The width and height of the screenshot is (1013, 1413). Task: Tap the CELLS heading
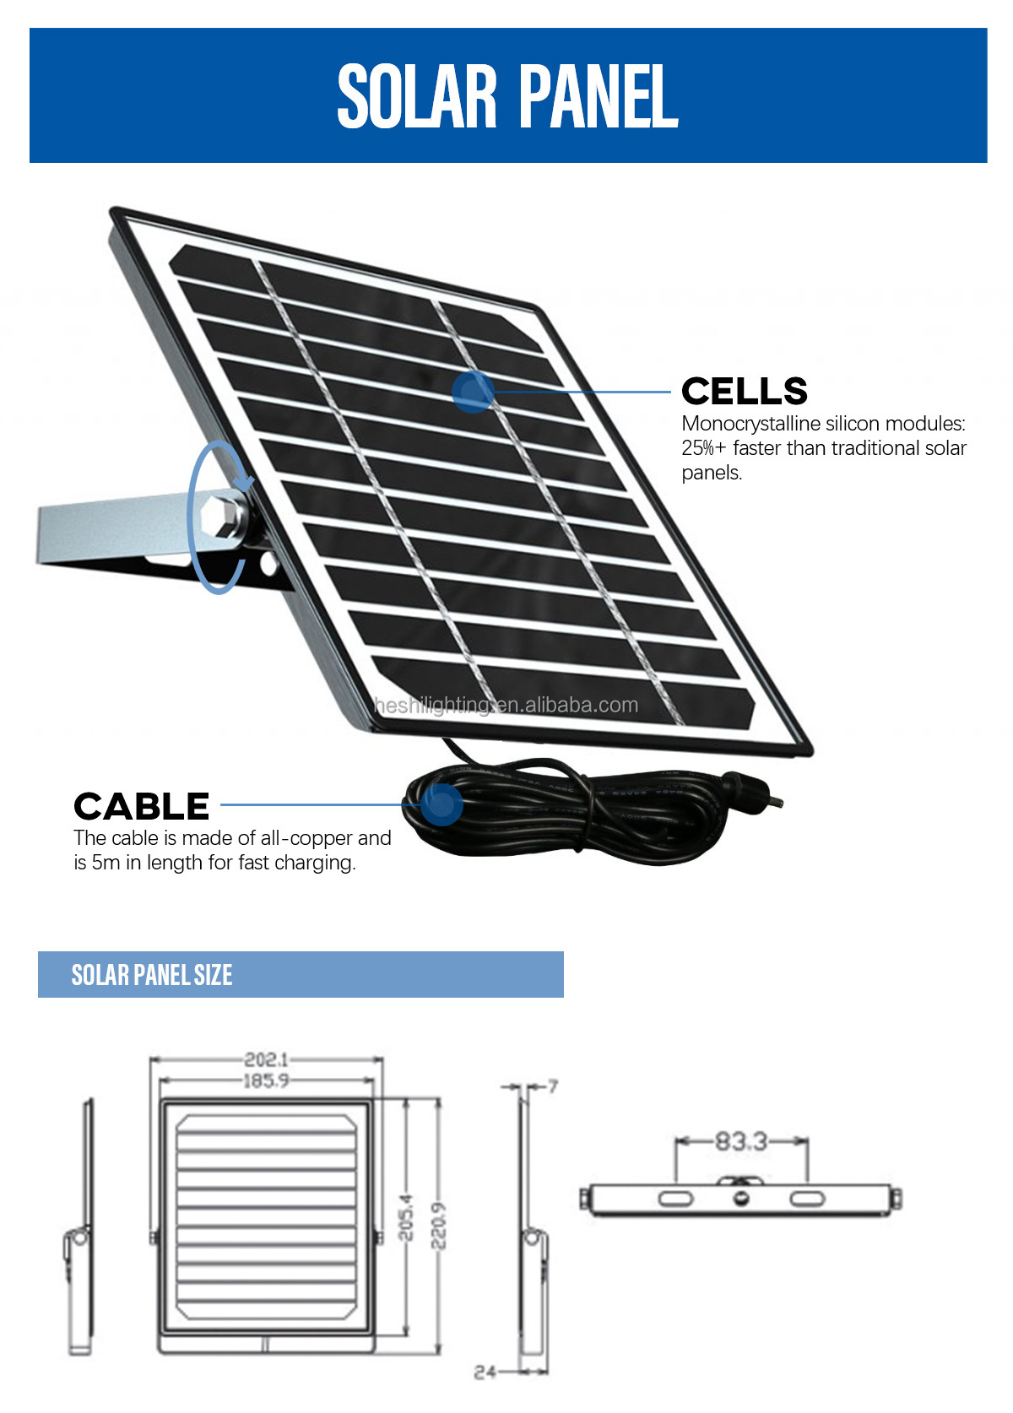(744, 391)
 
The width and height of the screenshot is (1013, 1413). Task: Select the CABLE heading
(141, 806)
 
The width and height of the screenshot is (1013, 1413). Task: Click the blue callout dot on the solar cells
(473, 392)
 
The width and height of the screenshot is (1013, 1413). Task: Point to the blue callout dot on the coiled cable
(441, 803)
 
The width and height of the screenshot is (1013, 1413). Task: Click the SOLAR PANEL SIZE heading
(152, 975)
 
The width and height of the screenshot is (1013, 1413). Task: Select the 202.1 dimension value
(266, 1059)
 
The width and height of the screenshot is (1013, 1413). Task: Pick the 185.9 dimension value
(266, 1080)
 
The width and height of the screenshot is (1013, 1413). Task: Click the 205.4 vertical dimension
(406, 1217)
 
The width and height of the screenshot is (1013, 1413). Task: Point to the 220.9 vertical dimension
(439, 1226)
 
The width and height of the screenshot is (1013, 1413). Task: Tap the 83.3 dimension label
(741, 1141)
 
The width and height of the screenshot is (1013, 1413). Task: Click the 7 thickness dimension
(553, 1085)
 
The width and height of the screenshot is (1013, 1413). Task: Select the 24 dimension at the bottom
(485, 1372)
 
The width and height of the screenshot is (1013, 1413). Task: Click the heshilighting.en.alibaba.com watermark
(506, 705)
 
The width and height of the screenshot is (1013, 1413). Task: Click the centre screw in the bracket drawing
(741, 1199)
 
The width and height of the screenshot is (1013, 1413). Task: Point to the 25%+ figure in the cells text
(704, 448)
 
